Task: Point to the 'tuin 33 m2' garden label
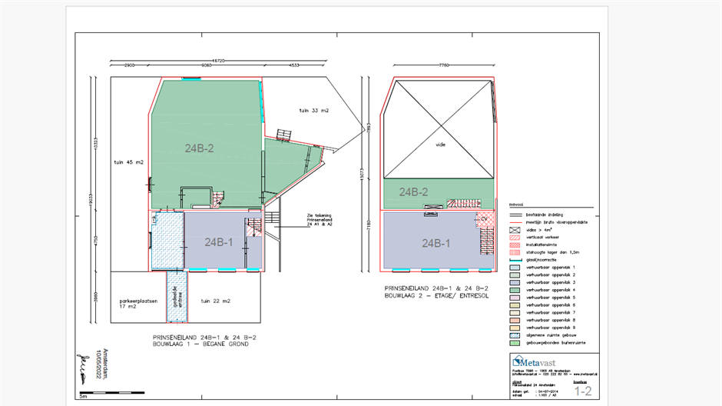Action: pos(314,111)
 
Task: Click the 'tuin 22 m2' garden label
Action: pos(216,300)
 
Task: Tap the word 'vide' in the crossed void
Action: pos(440,144)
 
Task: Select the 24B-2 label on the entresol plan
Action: pos(414,192)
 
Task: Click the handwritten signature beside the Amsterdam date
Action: pos(79,367)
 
